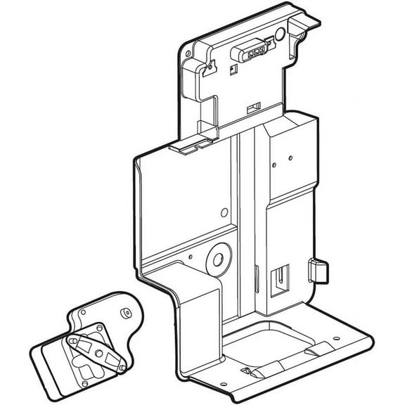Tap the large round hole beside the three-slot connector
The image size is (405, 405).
click(280, 33)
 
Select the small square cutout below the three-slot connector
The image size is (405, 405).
click(232, 68)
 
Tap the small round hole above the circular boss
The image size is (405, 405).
click(224, 212)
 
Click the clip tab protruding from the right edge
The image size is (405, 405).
click(318, 271)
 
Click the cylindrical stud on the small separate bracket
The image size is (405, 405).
click(126, 311)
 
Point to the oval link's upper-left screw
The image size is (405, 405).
click(73, 340)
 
